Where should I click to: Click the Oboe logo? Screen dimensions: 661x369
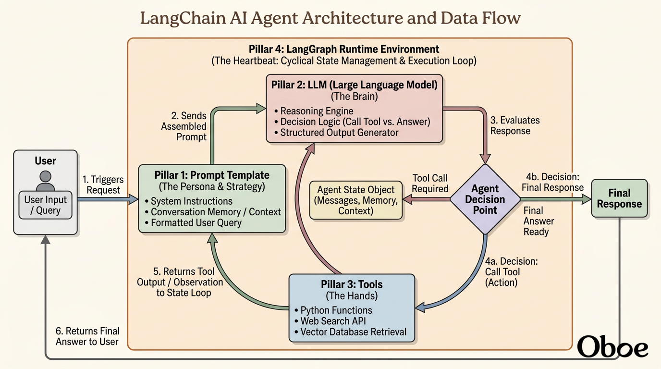[612, 346]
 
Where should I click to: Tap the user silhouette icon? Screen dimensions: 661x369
[46, 180]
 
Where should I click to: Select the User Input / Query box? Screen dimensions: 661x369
[46, 205]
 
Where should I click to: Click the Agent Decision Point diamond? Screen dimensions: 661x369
[485, 199]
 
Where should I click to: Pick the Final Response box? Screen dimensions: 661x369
[619, 198]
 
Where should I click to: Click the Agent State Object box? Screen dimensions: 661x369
[356, 200]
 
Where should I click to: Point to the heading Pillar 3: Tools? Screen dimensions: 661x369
[352, 284]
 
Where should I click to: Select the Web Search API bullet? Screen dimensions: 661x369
[330, 321]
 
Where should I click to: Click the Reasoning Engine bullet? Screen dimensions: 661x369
[314, 111]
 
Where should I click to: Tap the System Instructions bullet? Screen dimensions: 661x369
[189, 201]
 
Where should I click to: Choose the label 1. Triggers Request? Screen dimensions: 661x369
[103, 185]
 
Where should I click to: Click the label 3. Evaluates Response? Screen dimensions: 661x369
[515, 125]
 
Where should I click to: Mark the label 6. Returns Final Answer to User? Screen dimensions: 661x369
[87, 336]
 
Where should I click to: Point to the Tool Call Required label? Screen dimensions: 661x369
[430, 184]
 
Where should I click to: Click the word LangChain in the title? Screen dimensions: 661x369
[183, 18]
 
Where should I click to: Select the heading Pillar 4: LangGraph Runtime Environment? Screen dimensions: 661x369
[344, 49]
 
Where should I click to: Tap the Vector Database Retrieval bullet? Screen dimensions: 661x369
[350, 332]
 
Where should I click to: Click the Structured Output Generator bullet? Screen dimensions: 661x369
[336, 133]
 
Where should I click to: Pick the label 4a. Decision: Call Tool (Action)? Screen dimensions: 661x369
[512, 272]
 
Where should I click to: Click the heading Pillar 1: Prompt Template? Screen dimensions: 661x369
[212, 175]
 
